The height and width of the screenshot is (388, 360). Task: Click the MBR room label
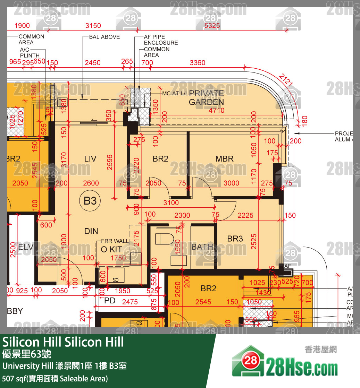click(224, 159)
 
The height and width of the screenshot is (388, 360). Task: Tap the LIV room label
click(90, 159)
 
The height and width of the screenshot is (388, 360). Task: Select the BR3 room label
click(235, 239)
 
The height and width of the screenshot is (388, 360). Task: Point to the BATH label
click(202, 247)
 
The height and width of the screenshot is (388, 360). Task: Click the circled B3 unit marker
click(90, 200)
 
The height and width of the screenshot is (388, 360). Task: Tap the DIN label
click(91, 231)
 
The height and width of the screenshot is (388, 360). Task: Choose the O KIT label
click(111, 249)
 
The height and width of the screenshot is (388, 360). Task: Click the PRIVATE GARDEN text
click(206, 97)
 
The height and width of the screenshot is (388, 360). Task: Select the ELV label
click(25, 247)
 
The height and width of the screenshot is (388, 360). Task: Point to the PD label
click(110, 301)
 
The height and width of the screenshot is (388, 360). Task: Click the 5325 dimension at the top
click(212, 26)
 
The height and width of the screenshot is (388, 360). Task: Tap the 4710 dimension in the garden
click(216, 111)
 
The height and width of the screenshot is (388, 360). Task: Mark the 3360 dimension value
click(198, 63)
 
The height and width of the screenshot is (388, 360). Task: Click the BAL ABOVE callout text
click(104, 37)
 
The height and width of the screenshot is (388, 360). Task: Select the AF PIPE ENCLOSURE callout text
click(161, 40)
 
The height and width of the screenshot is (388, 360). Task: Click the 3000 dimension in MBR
click(231, 183)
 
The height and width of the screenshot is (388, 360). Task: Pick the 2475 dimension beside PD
click(130, 302)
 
